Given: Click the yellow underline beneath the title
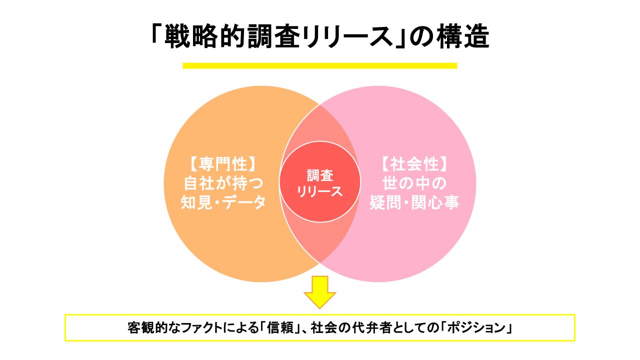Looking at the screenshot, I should coord(320,65).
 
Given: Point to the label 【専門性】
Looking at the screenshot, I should coord(223,165).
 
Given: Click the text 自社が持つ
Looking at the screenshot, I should coord(223,183).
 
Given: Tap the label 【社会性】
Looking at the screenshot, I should coord(414,165).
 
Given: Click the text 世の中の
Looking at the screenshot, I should coord(414,183).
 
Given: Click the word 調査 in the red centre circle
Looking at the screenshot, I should coord(319,176).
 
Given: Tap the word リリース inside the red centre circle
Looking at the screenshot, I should coord(319,191).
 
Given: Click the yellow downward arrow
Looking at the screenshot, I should coord(320,291).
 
